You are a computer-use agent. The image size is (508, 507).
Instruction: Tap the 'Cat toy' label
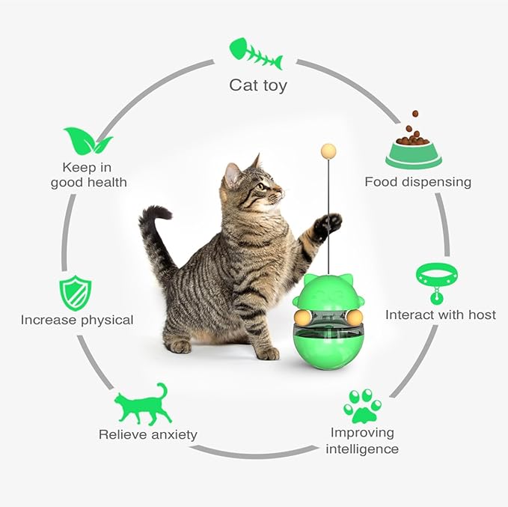point(257,85)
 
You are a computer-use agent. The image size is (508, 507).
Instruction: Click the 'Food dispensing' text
point(417,182)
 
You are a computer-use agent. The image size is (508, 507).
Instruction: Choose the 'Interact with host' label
point(440,315)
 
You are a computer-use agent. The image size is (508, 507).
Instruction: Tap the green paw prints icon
point(363,406)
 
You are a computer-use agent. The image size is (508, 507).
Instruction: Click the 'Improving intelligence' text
point(362,441)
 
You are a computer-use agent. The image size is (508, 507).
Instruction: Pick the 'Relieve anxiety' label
point(148,434)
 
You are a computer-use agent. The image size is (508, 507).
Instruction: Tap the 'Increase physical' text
point(77,320)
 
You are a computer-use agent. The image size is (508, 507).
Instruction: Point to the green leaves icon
point(88,141)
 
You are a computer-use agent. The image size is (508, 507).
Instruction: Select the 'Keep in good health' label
point(89,174)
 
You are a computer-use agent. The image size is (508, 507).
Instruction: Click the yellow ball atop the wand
point(327,151)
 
